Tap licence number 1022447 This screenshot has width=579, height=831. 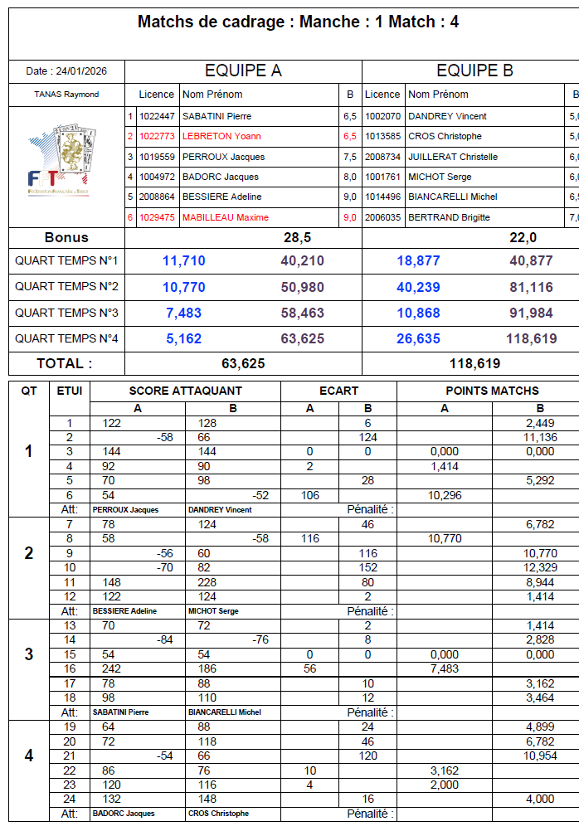157,116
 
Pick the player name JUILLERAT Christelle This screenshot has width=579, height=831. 453,157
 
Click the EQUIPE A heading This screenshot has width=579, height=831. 243,70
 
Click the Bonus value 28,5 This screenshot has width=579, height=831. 297,237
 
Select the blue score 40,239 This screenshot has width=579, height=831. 418,287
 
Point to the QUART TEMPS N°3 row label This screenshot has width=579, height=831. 66,313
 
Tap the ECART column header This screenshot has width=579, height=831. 339,391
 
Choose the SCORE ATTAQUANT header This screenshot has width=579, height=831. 186,391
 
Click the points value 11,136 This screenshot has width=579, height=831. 540,437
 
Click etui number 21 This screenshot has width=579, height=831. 70,757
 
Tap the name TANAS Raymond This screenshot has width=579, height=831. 66,95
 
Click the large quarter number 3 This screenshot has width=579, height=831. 29,654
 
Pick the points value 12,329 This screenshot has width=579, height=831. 540,567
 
